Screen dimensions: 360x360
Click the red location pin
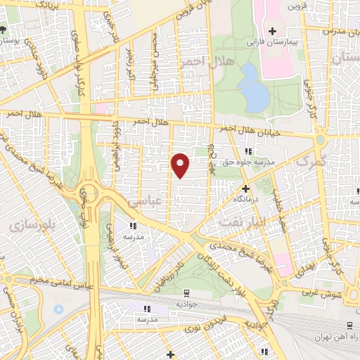(x=181, y=165)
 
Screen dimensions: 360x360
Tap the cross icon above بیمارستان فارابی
(x=272, y=31)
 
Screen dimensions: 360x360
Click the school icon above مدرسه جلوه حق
(x=247, y=151)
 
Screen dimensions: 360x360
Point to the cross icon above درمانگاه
(x=245, y=188)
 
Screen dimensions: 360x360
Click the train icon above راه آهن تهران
(x=349, y=325)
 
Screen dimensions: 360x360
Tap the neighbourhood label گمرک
(x=312, y=162)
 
